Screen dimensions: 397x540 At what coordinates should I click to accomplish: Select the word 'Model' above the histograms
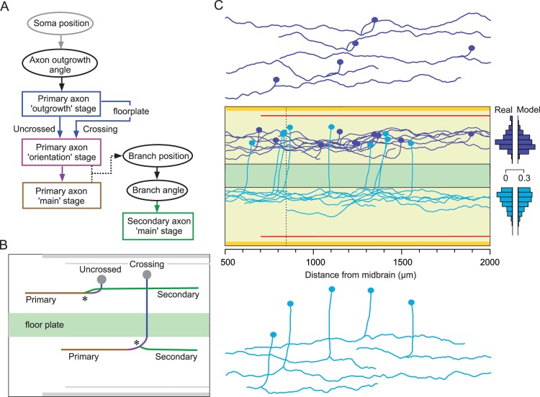(524, 109)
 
